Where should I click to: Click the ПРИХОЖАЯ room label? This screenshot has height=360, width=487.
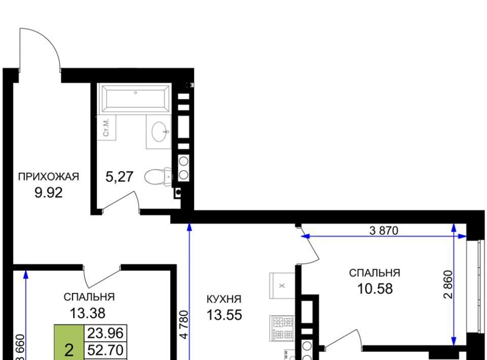pyautogui.click(x=49, y=176)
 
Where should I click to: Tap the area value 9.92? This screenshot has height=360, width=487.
pyautogui.click(x=49, y=193)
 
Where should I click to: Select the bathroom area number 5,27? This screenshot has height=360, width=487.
pyautogui.click(x=119, y=177)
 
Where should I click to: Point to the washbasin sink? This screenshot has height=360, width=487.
pyautogui.click(x=161, y=132)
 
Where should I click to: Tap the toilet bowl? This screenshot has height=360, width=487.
pyautogui.click(x=158, y=177)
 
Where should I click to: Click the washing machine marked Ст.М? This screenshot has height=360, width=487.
pyautogui.click(x=106, y=128)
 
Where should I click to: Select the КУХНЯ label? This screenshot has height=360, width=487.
pyautogui.click(x=224, y=299)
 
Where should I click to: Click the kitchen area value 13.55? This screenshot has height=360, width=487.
pyautogui.click(x=224, y=315)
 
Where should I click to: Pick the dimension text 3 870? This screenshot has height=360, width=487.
pyautogui.click(x=384, y=231)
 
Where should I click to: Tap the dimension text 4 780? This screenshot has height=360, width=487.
pyautogui.click(x=184, y=325)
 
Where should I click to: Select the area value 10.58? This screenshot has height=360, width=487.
pyautogui.click(x=375, y=289)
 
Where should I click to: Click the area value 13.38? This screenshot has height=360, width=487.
pyautogui.click(x=88, y=313)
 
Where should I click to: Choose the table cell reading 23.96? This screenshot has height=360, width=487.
pyautogui.click(x=106, y=333)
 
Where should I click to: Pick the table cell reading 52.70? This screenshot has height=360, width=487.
pyautogui.click(x=106, y=350)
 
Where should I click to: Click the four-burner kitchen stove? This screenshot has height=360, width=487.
pyautogui.click(x=283, y=329)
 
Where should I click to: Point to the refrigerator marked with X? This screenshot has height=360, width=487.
pyautogui.click(x=282, y=285)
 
